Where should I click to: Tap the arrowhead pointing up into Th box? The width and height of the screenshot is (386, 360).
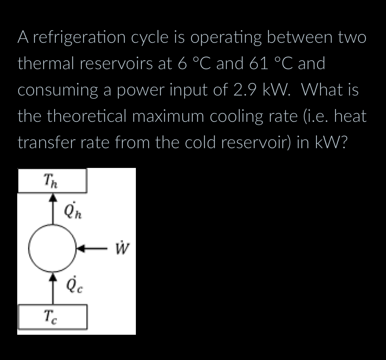click(x=53, y=197)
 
